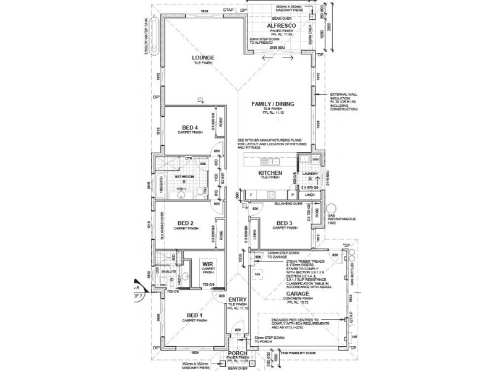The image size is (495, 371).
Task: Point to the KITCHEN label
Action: (x=270, y=173)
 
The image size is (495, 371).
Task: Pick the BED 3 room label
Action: (x=285, y=223)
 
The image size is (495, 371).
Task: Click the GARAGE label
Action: (x=293, y=293)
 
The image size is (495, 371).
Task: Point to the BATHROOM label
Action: (x=185, y=177)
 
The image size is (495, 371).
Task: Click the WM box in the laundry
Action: (x=316, y=160)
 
